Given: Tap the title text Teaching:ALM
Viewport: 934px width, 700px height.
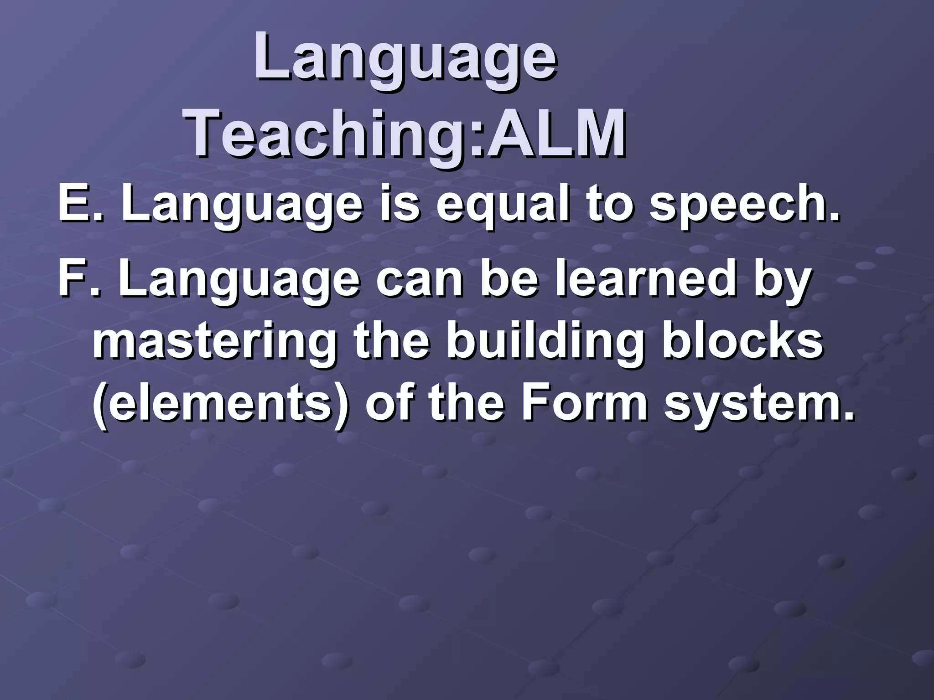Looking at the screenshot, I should pyautogui.click(x=405, y=132).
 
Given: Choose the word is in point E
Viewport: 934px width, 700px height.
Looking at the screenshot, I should pyautogui.click(x=401, y=204).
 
